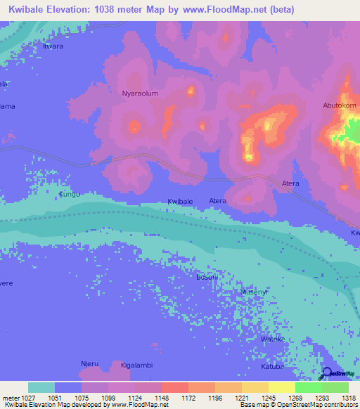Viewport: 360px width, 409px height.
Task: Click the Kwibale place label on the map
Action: point(180,202)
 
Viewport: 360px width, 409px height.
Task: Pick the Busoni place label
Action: point(207,278)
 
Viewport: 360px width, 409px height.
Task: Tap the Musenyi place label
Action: point(254,292)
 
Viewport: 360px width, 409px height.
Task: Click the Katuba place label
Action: point(273,366)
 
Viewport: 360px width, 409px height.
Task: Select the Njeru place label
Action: point(89,364)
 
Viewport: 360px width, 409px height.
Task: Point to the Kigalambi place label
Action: point(136,366)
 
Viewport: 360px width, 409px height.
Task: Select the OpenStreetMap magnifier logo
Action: point(328,373)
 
